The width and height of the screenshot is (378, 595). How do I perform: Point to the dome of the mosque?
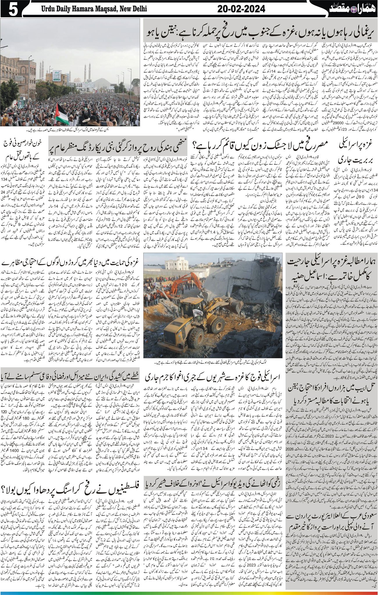click(78, 80)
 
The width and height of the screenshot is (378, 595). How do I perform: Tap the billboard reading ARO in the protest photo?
click(57, 77)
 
